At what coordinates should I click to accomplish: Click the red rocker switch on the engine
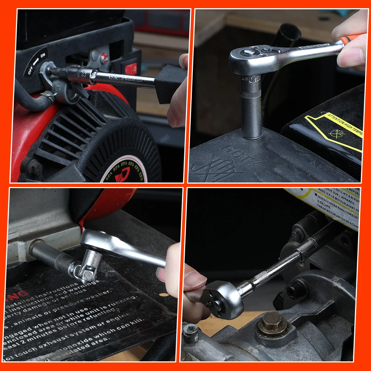(x=131, y=68)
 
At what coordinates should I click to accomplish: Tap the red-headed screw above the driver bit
(x=105, y=58)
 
